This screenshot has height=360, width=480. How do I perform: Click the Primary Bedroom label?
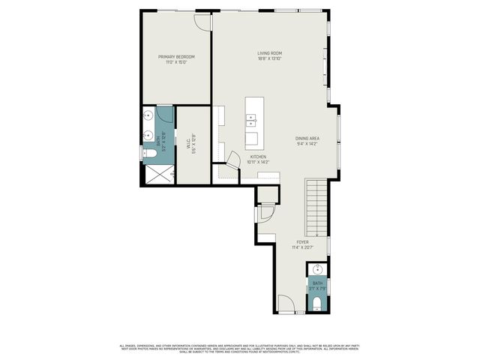point(176,57)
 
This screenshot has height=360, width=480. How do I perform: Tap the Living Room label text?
point(269,53)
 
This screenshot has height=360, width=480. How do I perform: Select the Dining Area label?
point(308,139)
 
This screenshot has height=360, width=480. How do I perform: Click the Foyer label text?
point(302,242)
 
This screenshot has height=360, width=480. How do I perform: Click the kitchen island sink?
point(253,119)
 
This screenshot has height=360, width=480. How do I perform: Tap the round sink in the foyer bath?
point(316,269)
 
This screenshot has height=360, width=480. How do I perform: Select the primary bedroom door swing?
point(200,22)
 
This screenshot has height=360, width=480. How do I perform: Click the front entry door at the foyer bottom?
point(286,304)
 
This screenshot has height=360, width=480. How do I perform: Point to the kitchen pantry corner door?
point(233,160)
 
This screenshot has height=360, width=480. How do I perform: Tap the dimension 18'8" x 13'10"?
point(269,61)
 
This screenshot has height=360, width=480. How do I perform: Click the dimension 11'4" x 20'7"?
point(302,248)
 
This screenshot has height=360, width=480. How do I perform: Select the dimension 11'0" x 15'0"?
point(176,63)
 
